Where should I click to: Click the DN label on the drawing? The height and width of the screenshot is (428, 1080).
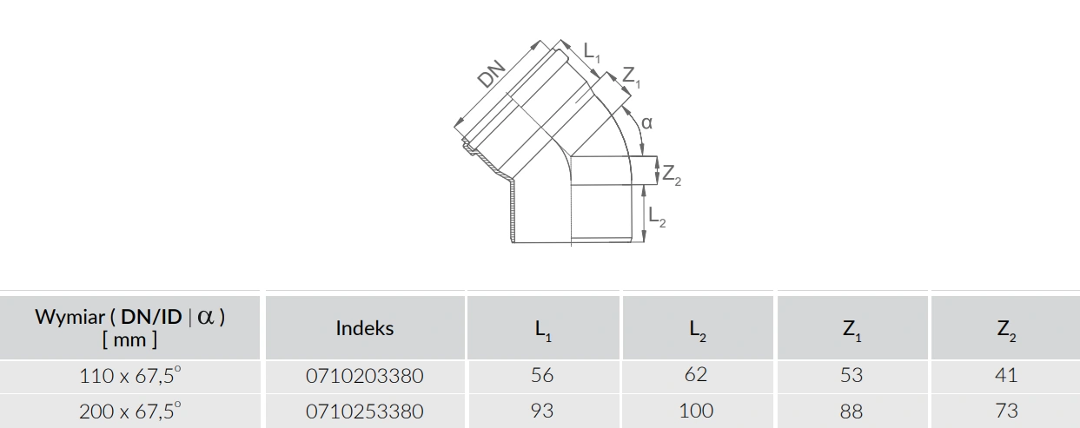tap(492, 74)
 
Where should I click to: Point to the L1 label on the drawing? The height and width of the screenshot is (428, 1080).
tap(592, 53)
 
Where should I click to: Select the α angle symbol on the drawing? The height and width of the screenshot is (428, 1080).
tap(646, 123)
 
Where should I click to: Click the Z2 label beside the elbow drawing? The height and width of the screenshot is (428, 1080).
tap(672, 175)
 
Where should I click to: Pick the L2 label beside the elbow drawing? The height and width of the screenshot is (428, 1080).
tap(657, 216)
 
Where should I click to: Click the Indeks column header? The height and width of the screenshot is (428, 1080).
tap(365, 328)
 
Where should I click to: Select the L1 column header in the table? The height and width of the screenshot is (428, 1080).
tap(543, 330)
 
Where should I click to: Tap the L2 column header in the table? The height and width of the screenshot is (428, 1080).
tap(698, 330)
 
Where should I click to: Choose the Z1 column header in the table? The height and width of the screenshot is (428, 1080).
tap(852, 330)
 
